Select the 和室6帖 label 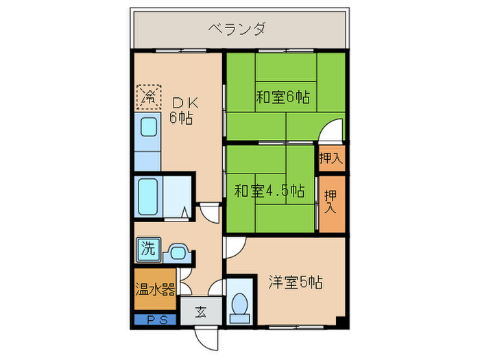(283, 97)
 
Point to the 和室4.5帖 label (269, 190)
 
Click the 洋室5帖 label (296, 281)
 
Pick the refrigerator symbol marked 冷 (148, 95)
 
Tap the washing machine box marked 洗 (147, 248)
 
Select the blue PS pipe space (155, 318)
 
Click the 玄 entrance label (201, 312)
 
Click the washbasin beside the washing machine (178, 252)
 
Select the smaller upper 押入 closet (331, 158)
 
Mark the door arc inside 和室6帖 (332, 130)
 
